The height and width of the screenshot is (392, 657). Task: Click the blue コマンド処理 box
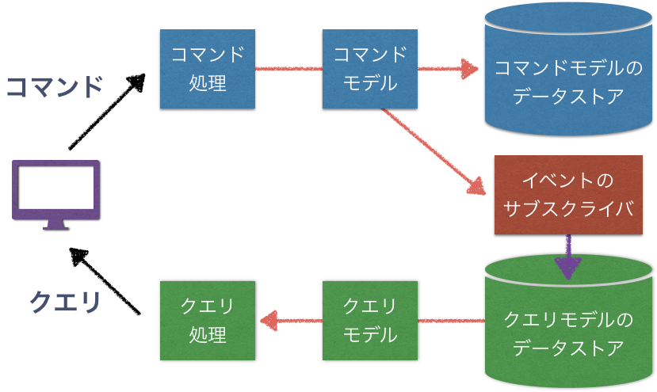tap(208, 69)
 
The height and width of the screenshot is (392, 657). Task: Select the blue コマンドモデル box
tap(370, 69)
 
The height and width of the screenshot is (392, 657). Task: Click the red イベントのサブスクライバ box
tap(567, 195)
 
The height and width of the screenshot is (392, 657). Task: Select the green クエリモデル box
tap(370, 321)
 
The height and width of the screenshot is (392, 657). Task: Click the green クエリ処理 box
tap(208, 321)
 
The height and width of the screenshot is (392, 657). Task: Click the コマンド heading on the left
tap(55, 86)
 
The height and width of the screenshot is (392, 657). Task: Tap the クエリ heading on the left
tap(66, 302)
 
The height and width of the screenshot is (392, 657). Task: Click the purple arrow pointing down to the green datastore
tap(568, 258)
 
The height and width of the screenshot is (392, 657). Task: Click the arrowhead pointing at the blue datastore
tap(470, 69)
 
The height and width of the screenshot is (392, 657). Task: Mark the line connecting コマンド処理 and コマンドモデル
tap(288, 69)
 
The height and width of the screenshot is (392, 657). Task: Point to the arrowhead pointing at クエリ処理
tap(268, 321)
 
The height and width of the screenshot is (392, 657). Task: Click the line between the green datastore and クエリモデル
tap(450, 321)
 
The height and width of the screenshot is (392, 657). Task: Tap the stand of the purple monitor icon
tap(55, 224)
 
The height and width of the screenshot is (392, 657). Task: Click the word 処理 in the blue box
tap(208, 83)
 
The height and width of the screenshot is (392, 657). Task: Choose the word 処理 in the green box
tap(208, 335)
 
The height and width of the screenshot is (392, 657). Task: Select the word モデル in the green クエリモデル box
tap(370, 335)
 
